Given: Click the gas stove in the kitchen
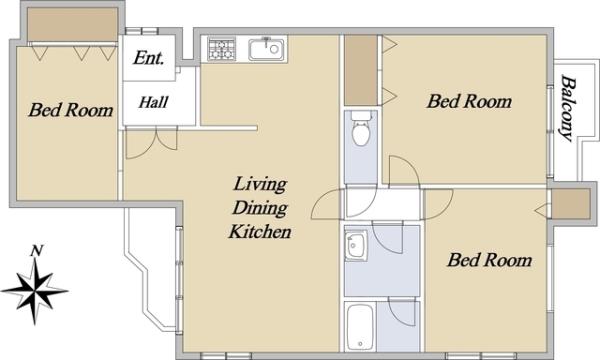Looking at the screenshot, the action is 222,49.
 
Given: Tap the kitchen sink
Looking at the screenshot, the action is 266,49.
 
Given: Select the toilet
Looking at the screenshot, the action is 361,129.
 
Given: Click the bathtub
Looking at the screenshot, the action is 360,327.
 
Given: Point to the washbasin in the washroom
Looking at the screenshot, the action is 356,246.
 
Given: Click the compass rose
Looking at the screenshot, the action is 35,292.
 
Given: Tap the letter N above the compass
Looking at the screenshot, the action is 36,251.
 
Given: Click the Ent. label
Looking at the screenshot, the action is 149,58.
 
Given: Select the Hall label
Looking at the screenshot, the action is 153,102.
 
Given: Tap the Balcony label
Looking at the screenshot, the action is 568,108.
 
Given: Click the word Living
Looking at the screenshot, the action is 260,184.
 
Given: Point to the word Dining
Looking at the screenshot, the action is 260,208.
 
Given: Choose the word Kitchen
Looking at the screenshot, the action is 260,231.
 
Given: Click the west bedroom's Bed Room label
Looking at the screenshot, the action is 71,110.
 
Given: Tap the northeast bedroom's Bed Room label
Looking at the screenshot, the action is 469,101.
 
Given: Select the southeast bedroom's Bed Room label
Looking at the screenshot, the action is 489,260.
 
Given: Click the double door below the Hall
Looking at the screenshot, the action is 152,142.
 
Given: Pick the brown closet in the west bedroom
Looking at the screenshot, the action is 72,24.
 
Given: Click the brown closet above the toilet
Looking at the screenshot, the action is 361,70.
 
